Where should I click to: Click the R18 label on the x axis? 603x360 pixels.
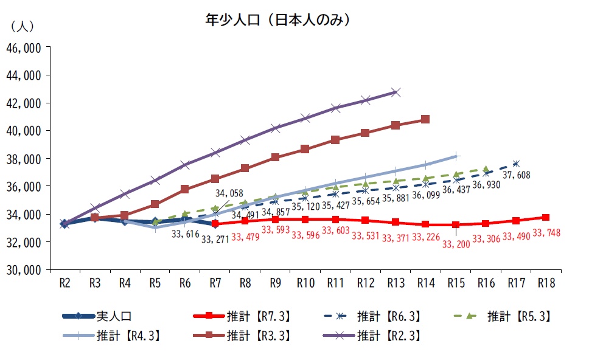click(545, 282)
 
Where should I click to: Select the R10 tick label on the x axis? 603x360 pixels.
click(305, 282)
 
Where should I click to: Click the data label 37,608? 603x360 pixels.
click(517, 175)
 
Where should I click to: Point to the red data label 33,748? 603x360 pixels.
click(546, 232)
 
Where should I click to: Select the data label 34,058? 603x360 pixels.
click(229, 193)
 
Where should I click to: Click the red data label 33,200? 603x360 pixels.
click(456, 244)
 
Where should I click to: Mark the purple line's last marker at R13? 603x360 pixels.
click(396, 92)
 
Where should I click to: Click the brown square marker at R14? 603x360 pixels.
click(425, 119)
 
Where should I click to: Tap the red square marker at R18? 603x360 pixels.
click(546, 218)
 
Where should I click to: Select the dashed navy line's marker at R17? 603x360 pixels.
click(515, 164)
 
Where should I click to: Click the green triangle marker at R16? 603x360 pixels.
click(486, 169)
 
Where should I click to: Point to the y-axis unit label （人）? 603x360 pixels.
click(23, 27)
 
